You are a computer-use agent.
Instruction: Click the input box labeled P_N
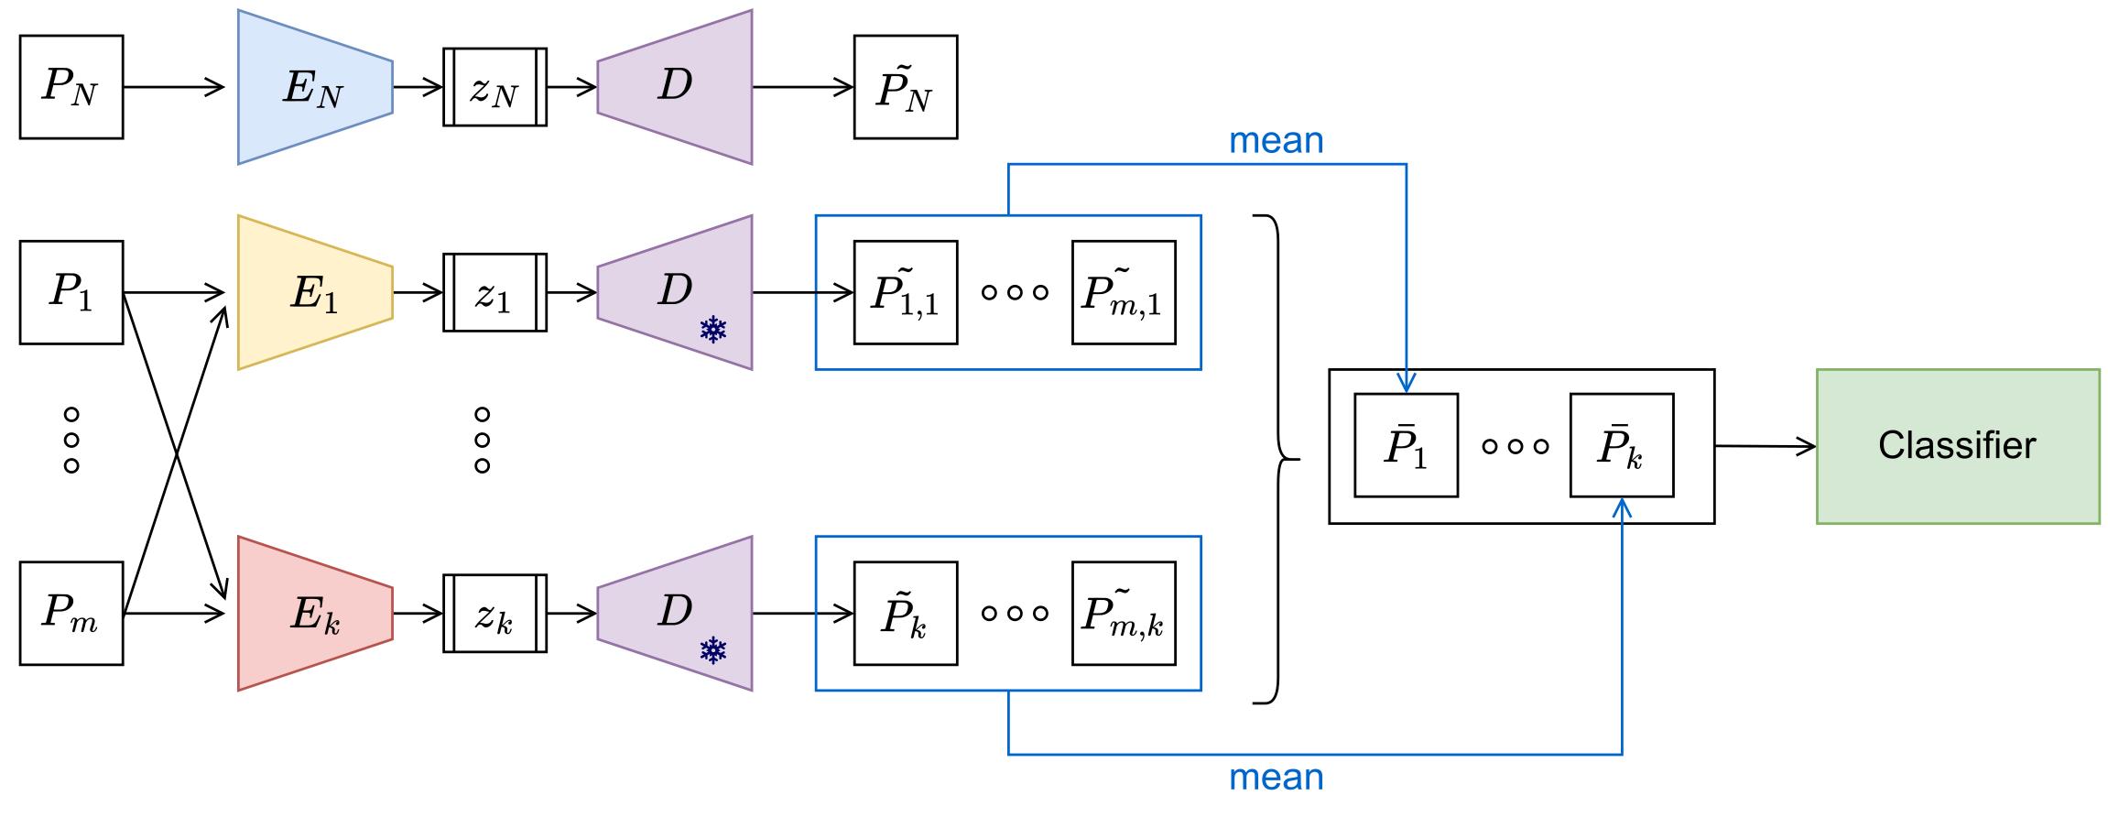point(71,87)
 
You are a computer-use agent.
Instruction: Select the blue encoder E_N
point(314,87)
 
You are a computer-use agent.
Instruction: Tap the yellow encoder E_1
point(314,292)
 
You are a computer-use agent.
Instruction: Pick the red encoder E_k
point(314,613)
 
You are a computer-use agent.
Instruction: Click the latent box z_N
point(494,87)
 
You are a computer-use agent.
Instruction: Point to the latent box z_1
point(494,292)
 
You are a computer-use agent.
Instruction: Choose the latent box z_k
point(494,613)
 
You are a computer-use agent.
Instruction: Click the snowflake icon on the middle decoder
point(712,330)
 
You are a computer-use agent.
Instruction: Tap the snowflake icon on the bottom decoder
point(712,650)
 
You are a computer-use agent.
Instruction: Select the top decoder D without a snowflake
point(675,87)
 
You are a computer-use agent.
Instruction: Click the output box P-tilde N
point(905,87)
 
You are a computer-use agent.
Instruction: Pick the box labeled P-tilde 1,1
point(905,292)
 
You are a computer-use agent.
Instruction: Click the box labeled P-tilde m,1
point(1124,292)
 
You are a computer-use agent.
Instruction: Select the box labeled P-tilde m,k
point(1124,613)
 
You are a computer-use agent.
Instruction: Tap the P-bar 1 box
point(1406,445)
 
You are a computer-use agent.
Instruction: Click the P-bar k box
point(1621,445)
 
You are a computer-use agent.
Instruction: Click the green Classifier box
point(1958,446)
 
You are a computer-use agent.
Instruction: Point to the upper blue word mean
point(1276,141)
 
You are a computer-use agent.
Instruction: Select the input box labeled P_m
point(71,613)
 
